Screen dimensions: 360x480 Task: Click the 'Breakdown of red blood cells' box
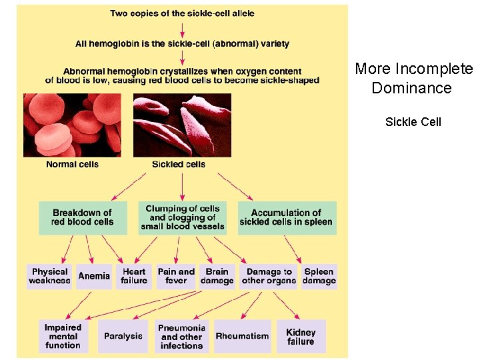83,218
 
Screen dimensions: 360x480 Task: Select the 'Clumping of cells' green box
183,218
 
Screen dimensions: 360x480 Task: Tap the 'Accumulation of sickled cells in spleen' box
286,218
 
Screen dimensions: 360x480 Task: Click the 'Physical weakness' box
49,276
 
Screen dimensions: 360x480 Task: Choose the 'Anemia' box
94,276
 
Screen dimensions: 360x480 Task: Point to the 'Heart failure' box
134,276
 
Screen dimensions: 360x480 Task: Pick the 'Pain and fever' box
176,276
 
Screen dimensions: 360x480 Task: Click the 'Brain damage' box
217,276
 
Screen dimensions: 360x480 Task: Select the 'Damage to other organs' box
269,276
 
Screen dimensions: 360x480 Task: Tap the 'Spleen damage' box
319,276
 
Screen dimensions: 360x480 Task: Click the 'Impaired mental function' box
63,337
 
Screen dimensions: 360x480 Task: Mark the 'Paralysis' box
123,337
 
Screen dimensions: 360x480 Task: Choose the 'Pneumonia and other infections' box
182,337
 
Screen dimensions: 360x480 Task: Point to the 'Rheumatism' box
242,337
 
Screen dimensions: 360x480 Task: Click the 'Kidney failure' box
301,337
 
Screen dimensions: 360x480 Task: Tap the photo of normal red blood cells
72,125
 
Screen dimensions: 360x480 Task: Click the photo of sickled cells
182,125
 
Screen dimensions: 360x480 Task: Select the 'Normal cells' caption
72,165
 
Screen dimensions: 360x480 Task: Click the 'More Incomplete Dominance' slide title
413,79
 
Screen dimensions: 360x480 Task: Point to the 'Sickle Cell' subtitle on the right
413,122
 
